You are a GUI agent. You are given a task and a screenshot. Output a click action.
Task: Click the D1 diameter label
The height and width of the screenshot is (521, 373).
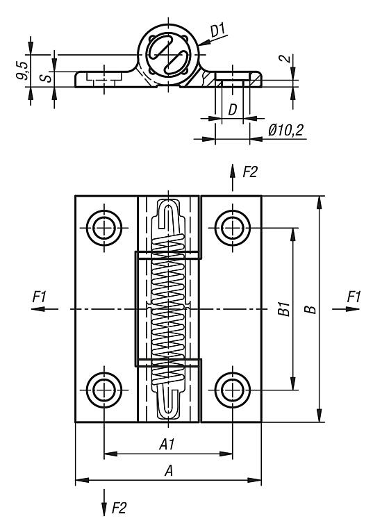(x=218, y=31)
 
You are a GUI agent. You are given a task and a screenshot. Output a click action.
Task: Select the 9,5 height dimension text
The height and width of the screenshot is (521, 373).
(x=22, y=71)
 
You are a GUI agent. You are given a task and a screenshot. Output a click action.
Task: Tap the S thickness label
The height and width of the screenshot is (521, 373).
(x=48, y=77)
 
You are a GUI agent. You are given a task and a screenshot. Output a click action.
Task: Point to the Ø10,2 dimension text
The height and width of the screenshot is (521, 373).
(x=286, y=130)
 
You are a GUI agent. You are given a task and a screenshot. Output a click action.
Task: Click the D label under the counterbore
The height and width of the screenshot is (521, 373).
(x=233, y=110)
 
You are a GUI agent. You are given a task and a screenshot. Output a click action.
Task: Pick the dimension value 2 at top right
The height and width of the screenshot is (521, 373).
(x=284, y=59)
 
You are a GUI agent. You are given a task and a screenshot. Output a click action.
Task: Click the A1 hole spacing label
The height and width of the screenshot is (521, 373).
(x=167, y=445)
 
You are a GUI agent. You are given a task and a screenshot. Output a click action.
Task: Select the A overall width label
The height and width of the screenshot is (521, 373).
(x=169, y=470)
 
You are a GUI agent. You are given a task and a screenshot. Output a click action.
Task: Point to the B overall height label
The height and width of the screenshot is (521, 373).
(x=310, y=309)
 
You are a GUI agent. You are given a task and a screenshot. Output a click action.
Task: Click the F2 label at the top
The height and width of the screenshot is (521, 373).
(x=250, y=172)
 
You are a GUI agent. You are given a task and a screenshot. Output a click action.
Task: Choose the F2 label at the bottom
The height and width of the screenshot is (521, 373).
(x=119, y=508)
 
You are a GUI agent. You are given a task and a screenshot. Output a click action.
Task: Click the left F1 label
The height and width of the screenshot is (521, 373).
(x=39, y=297)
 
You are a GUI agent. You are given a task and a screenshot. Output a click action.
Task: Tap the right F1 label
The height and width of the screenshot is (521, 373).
(x=354, y=297)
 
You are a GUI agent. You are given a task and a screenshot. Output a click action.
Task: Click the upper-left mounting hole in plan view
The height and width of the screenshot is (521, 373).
(x=104, y=228)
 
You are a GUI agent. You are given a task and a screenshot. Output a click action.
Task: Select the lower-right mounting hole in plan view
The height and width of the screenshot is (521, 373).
(x=233, y=390)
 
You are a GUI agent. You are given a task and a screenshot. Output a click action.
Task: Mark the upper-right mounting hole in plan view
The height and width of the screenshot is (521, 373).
(x=233, y=228)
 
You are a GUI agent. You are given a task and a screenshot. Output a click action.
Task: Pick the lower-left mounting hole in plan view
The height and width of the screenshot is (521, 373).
(x=104, y=390)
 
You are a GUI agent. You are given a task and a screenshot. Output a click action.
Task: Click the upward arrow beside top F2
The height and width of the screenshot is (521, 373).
(x=233, y=177)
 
